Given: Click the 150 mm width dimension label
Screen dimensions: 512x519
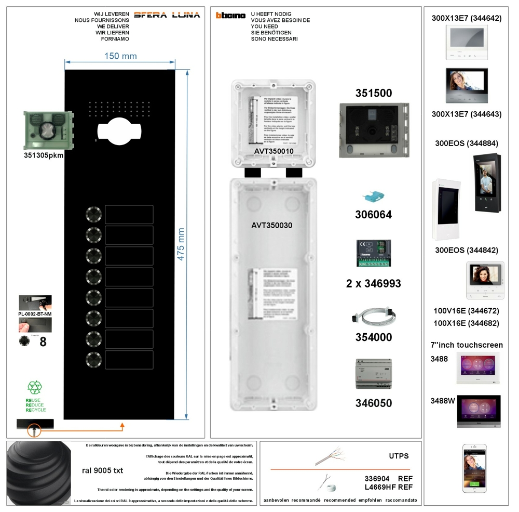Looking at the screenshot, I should [120, 56].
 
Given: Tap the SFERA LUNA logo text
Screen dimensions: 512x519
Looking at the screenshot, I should [167, 15].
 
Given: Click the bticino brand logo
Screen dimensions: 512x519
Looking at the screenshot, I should [231, 16].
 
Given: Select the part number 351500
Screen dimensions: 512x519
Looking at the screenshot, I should [374, 94].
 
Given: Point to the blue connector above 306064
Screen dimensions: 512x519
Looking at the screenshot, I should [374, 198].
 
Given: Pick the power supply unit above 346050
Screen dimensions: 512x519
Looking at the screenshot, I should [374, 374].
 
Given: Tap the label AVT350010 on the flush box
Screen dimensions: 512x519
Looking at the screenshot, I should [274, 151].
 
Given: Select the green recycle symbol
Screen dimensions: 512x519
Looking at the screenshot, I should [35, 387].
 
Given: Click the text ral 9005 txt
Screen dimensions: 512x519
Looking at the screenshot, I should [103, 470].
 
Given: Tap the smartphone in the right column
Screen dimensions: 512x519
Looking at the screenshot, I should [474, 468].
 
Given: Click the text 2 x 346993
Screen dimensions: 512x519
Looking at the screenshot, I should [374, 284].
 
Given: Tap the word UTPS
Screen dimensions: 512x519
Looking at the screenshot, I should [399, 456].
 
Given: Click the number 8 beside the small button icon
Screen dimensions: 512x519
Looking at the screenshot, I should [43, 342].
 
